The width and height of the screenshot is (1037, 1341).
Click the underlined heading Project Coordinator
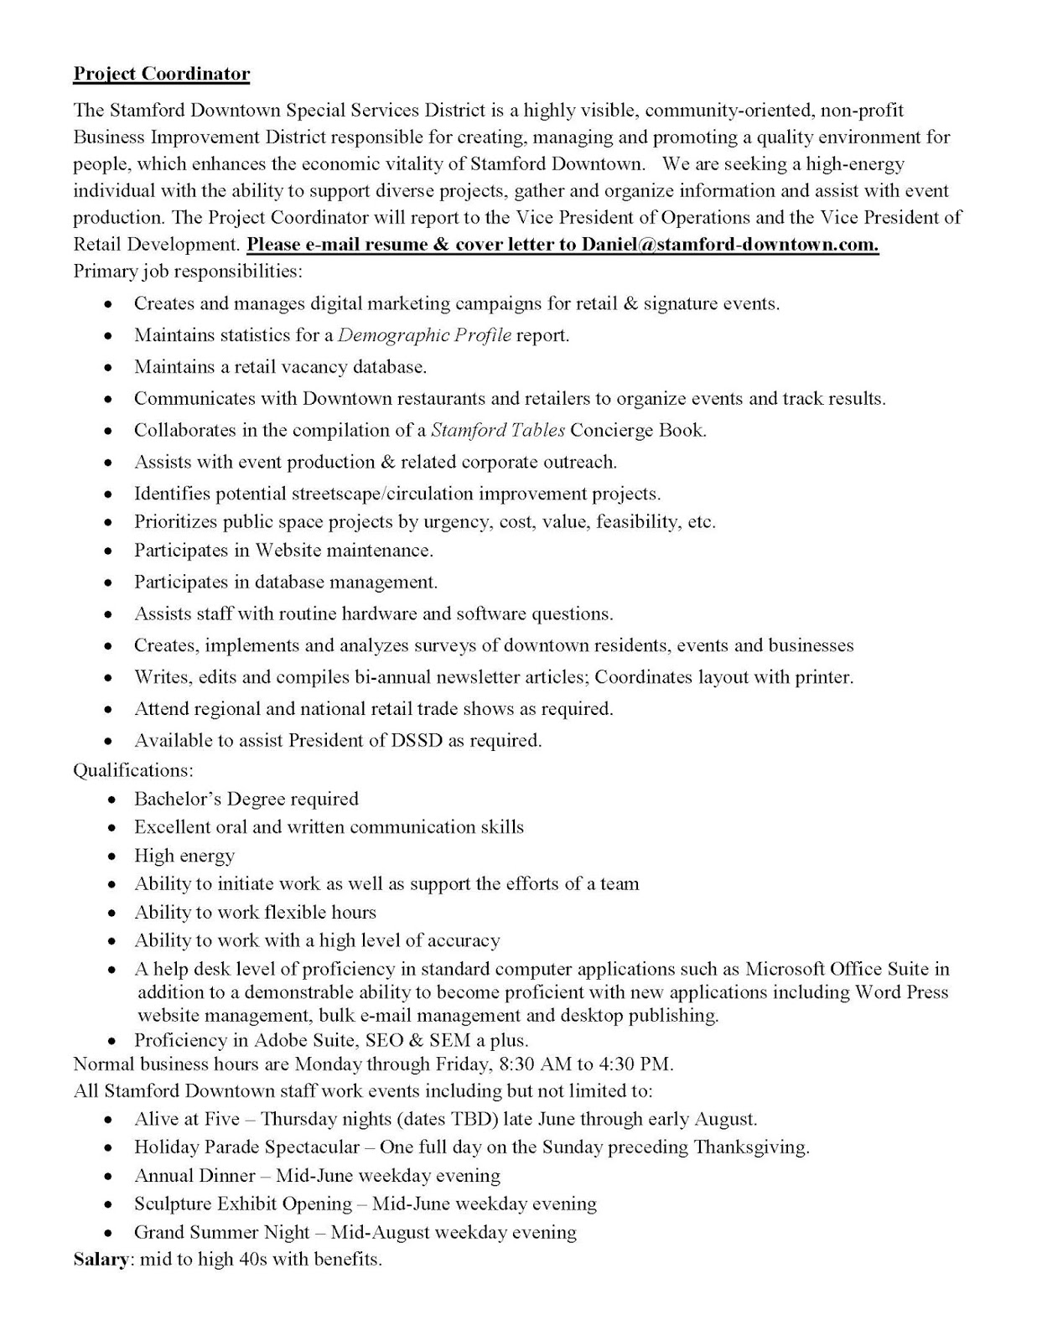161,74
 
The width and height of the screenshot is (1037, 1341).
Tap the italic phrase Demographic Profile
424,335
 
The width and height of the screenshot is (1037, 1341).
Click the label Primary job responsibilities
188,272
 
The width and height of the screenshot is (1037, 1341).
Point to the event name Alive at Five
186,1119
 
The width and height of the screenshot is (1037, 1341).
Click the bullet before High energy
111,857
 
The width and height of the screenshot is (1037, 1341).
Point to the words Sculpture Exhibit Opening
242,1204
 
